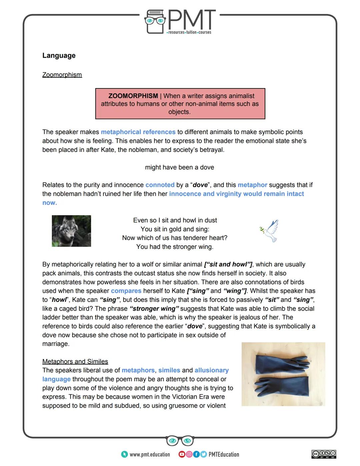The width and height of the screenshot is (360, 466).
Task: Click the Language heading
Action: point(59,56)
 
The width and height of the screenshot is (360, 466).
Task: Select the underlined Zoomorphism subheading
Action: point(62,75)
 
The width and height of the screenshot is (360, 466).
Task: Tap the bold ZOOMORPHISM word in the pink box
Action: point(133,96)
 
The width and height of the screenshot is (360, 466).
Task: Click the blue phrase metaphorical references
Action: point(138,132)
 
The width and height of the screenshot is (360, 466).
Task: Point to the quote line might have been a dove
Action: point(179,167)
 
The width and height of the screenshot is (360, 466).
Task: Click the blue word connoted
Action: point(160,185)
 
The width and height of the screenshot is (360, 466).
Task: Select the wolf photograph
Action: point(71,231)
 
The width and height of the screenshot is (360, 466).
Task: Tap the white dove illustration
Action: point(269,230)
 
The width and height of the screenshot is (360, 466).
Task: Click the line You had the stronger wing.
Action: point(175,247)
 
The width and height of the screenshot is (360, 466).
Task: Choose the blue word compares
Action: point(126,291)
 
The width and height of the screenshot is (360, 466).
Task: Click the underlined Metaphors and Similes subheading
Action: point(75,362)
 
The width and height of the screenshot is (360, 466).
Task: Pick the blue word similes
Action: point(169,370)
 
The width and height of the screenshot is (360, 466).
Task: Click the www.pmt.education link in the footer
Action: point(149,454)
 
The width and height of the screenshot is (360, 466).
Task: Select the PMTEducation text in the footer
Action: point(224,454)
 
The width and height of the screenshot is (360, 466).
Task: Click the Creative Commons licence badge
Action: point(324,454)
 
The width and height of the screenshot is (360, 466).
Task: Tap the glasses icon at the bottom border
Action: point(180,441)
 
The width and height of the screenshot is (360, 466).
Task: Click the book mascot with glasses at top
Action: point(155,22)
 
